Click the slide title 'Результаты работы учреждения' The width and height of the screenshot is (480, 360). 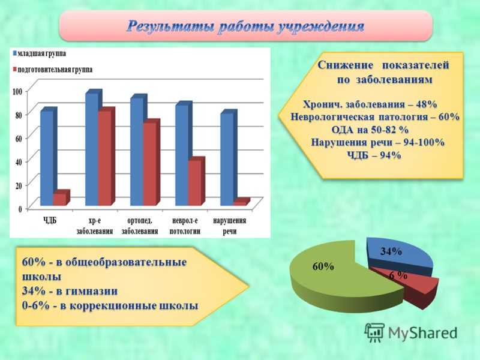coord(245,26)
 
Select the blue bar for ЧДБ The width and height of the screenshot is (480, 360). coord(49,156)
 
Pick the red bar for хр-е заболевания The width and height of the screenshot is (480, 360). coord(106,156)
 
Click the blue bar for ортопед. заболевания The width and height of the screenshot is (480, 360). coord(139,149)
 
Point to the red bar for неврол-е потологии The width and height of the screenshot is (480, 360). coord(196,181)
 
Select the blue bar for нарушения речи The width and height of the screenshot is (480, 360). coord(229,157)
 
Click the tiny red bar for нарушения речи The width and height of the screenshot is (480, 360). coord(242,202)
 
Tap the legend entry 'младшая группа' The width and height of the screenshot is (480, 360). coord(39,53)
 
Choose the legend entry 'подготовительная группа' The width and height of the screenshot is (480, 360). coord(52,70)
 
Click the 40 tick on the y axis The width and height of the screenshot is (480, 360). coord(19,161)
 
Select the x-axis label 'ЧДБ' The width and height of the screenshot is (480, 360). coord(50,220)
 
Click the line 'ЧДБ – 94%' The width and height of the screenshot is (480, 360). coord(374,155)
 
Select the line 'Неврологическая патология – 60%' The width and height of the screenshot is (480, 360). coord(375,116)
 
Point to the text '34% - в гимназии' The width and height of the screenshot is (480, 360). coord(70,291)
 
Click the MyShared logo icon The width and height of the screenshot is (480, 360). coord(374,333)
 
